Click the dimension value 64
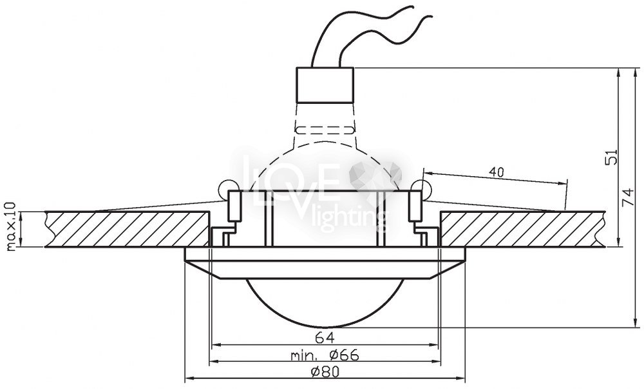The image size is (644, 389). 325,337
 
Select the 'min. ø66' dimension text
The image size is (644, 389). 325,354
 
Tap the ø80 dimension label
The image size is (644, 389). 325,372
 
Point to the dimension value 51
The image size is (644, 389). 612,157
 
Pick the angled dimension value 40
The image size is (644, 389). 496,172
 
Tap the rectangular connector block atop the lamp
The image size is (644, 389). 325,85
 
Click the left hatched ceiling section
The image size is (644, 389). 128,229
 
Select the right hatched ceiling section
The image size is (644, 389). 522,229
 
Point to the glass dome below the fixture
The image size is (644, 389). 325,303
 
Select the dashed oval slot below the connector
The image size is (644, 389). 325,130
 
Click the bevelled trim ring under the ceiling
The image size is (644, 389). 325,263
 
